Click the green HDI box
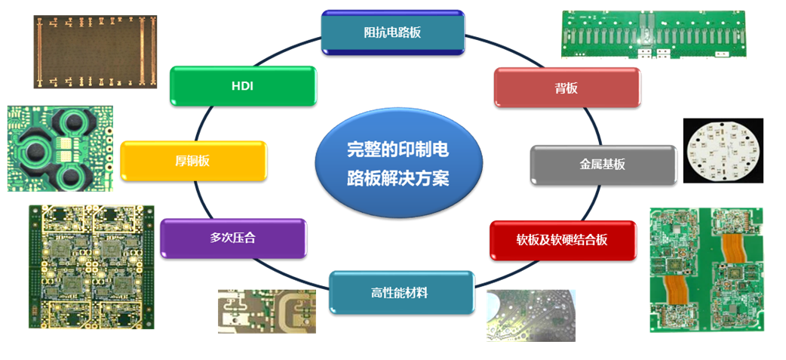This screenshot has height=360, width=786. click(x=243, y=86)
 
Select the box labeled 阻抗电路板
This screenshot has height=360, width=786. click(x=392, y=32)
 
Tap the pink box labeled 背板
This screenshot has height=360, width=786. click(x=567, y=88)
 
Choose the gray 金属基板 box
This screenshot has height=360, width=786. click(x=603, y=165)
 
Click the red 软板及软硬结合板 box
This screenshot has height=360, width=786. click(x=563, y=240)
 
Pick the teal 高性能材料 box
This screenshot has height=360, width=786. click(x=401, y=293)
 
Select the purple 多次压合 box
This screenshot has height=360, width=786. click(x=233, y=238)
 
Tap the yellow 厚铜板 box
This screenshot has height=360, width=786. click(x=194, y=161)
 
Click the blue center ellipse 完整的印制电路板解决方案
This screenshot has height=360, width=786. click(x=398, y=164)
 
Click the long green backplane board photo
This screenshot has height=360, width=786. click(x=657, y=35)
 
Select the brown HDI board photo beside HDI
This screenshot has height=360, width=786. click(x=95, y=51)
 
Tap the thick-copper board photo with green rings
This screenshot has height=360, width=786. click(x=60, y=149)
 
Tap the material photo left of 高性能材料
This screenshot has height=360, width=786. click(x=267, y=312)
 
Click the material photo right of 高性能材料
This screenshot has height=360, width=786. click(x=531, y=315)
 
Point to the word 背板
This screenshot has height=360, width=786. click(x=566, y=88)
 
